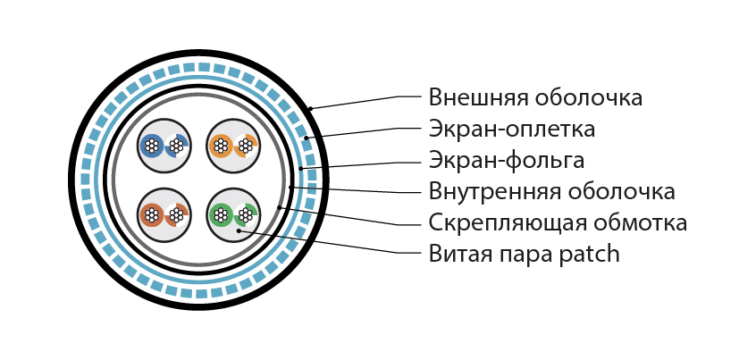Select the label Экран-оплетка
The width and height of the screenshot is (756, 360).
coord(511,130)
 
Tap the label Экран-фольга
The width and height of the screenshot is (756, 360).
coord(507,161)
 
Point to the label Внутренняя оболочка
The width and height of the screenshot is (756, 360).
coord(551,192)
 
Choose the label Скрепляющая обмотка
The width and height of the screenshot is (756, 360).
coord(558,223)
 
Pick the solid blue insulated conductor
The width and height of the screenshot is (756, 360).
coord(152,145)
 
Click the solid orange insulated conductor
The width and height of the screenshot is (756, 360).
coord(221,145)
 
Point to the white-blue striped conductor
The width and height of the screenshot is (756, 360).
coord(176,145)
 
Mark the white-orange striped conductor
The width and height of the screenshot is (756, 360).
coord(246,145)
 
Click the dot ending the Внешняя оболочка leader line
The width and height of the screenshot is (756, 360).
coord(311,108)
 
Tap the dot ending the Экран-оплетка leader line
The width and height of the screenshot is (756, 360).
coord(307,138)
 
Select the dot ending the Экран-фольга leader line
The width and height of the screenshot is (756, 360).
coord(300,169)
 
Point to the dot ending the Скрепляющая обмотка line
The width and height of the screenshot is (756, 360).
coord(280,208)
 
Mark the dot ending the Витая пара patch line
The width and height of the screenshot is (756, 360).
coord(239,231)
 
